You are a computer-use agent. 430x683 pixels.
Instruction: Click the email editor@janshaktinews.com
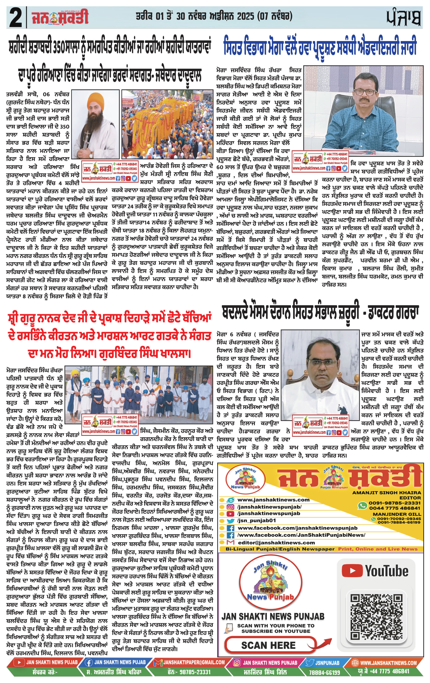[x=276, y=543]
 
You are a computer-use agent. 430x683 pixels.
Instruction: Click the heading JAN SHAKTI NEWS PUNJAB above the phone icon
[x=273, y=616]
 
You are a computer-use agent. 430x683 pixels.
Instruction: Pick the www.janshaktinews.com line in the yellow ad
[x=273, y=500]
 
